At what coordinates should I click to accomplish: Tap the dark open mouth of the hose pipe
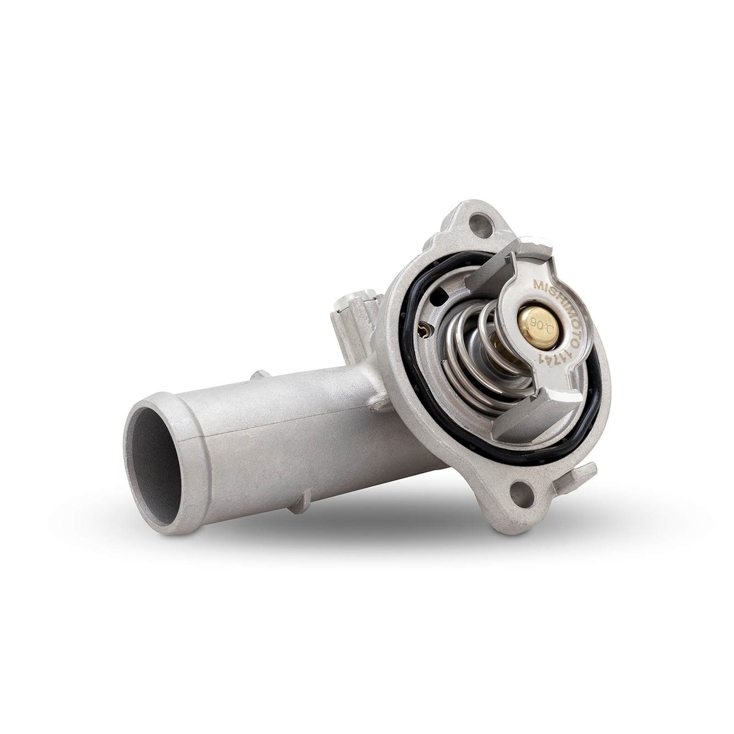click(x=154, y=463)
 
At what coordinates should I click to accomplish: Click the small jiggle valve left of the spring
click(x=425, y=330)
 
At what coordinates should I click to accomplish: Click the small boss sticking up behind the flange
click(x=356, y=312)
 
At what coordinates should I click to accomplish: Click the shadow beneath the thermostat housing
click(x=390, y=528)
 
